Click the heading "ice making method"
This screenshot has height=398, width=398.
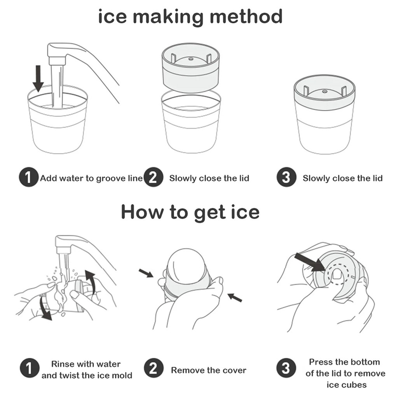(x=190, y=17)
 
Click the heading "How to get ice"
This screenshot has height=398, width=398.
(x=190, y=212)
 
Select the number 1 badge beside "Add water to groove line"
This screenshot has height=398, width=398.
(x=29, y=177)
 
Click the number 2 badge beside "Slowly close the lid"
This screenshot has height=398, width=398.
(x=153, y=177)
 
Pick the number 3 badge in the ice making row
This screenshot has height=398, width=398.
(x=286, y=177)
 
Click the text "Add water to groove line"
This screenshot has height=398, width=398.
(x=92, y=178)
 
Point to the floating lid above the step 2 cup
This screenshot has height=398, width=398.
(x=190, y=68)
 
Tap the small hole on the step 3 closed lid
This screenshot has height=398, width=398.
(x=324, y=91)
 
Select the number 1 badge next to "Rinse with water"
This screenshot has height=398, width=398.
(x=30, y=368)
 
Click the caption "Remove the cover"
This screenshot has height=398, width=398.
(x=209, y=370)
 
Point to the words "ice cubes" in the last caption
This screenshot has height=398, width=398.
(x=346, y=385)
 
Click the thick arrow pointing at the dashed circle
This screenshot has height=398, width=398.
(x=309, y=262)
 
